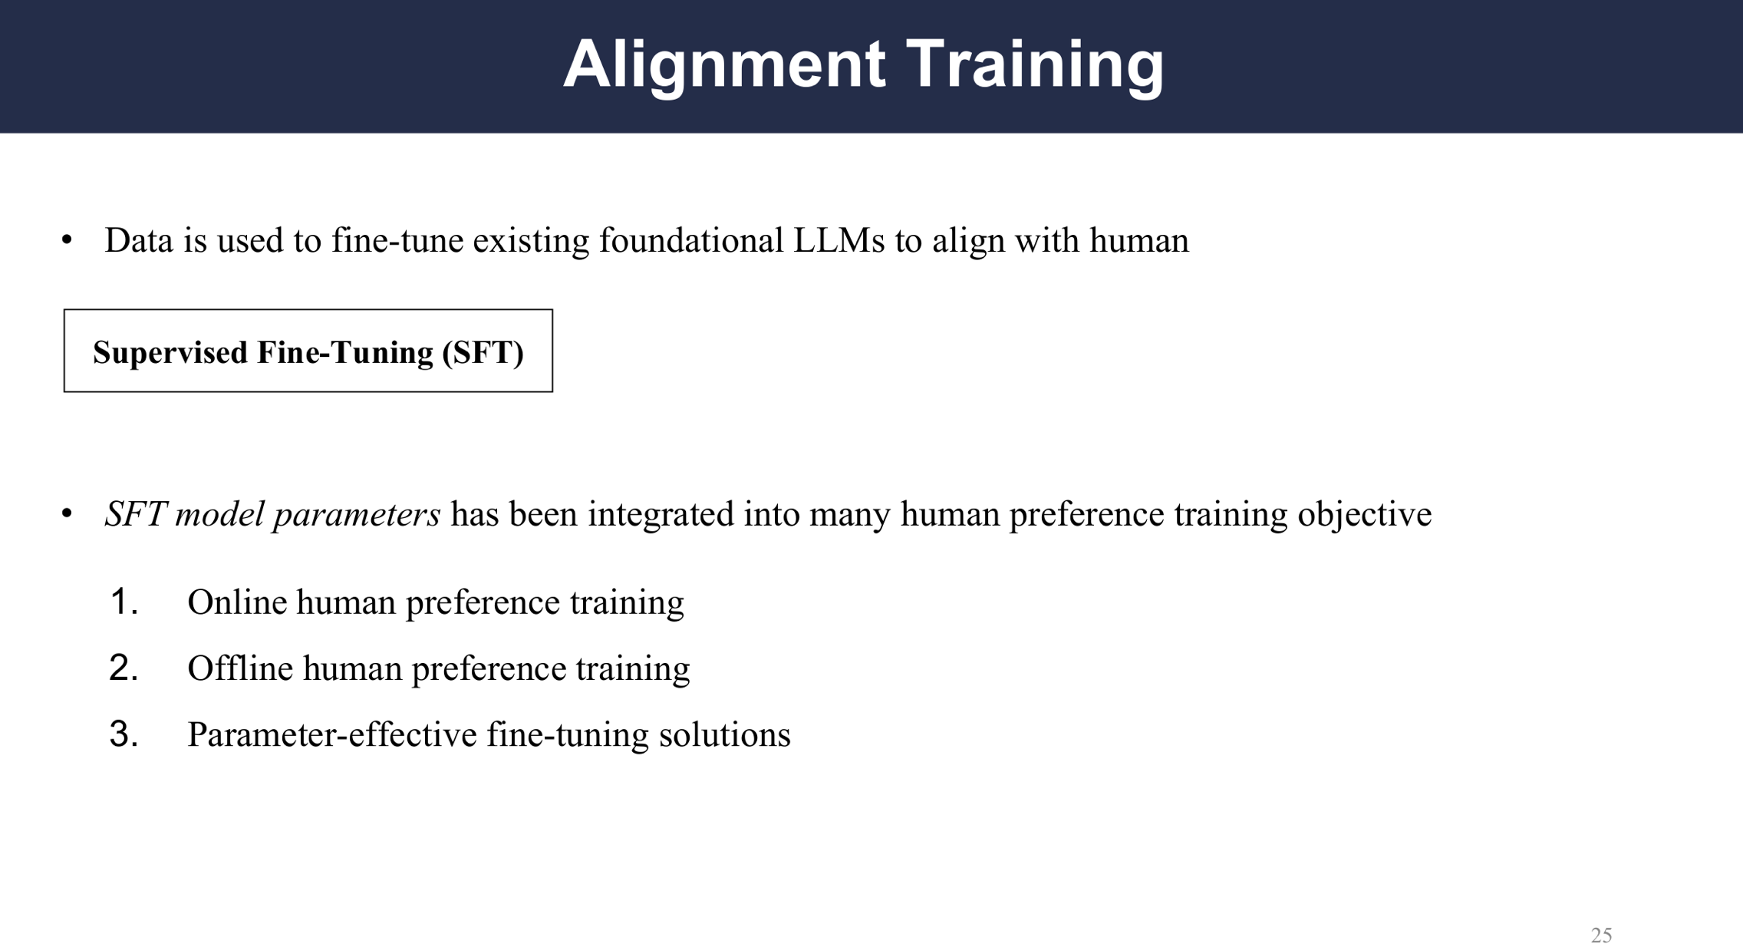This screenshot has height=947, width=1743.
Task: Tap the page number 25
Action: click(x=1601, y=935)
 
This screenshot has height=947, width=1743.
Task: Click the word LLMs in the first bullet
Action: click(x=839, y=241)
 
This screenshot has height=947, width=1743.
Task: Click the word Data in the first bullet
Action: click(x=139, y=241)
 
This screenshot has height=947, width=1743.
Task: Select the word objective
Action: click(x=1364, y=515)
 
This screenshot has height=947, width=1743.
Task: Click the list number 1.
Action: click(x=124, y=602)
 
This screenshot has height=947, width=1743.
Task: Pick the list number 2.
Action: click(x=124, y=668)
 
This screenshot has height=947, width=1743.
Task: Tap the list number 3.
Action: click(x=124, y=734)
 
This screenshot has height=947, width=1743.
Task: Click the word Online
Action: click(x=237, y=602)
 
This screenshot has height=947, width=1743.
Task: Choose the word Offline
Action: click(x=240, y=668)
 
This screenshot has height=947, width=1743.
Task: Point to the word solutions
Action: click(x=725, y=734)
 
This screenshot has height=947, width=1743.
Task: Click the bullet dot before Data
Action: click(x=68, y=241)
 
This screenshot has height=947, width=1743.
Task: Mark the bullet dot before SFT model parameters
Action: click(x=68, y=514)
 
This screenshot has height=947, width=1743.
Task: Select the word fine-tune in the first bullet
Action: click(x=397, y=241)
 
